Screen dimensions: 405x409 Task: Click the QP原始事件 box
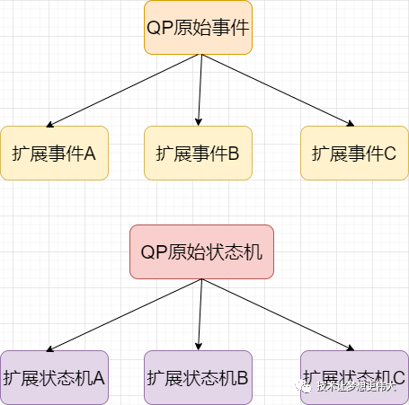[199, 27]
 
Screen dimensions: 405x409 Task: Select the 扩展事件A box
[54, 153]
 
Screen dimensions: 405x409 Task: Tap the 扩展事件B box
[198, 153]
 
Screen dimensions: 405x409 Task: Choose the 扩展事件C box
[354, 153]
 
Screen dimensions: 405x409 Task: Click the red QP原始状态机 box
[201, 251]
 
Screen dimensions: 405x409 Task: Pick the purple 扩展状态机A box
[54, 377]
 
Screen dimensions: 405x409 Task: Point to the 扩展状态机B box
[198, 377]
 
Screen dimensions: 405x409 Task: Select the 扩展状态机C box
[354, 377]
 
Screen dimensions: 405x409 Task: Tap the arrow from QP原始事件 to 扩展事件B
[200, 90]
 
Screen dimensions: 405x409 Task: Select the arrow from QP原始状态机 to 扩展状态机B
[200, 314]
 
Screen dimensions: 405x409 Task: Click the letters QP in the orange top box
[158, 27]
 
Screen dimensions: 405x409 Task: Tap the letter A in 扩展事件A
[90, 154]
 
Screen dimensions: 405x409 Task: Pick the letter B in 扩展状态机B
[243, 378]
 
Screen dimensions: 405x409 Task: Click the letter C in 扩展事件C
[390, 154]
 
